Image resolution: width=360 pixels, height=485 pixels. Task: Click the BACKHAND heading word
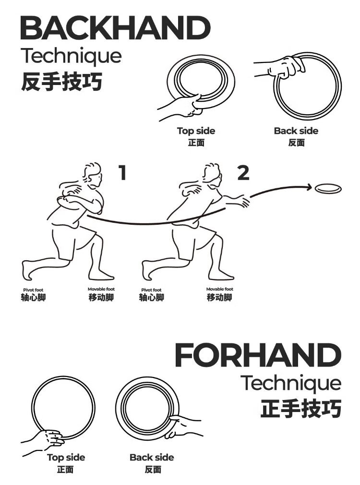115,28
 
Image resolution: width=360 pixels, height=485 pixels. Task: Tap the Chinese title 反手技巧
61,82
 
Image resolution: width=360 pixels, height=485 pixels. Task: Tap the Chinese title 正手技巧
301,409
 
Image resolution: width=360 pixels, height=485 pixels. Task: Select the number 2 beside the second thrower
243,173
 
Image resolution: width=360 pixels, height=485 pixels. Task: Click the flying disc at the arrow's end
328,188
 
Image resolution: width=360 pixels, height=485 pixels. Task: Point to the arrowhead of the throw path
309,186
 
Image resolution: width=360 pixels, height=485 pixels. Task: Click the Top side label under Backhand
196,131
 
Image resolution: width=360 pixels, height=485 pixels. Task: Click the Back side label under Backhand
296,131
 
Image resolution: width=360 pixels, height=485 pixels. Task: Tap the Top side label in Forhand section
66,458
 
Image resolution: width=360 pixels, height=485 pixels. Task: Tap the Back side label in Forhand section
152,458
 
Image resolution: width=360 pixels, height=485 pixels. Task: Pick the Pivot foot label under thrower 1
33,290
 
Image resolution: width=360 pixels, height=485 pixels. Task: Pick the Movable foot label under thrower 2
219,289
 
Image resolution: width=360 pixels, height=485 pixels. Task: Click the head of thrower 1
92,175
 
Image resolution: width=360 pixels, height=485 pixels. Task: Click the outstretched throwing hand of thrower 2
243,201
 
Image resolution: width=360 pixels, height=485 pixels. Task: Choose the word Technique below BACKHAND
71,56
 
